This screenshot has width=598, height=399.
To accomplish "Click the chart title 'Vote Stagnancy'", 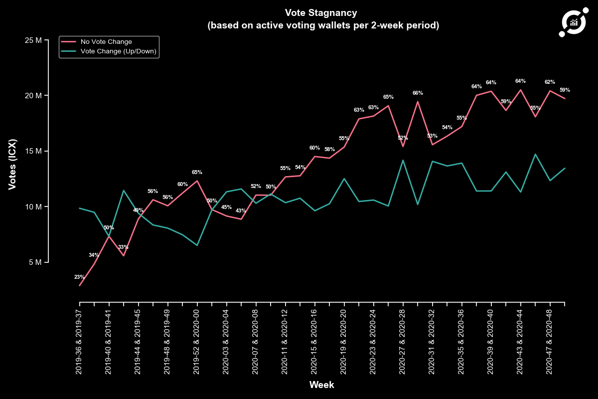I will click(320, 12).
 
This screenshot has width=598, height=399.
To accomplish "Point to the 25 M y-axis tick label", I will click(33, 40).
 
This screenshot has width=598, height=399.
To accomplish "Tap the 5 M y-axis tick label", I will click(35, 262).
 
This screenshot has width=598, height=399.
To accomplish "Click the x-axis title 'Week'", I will click(321, 385).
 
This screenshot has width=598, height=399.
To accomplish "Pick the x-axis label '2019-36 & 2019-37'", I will click(80, 341).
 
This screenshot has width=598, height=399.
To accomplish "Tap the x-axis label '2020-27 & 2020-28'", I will click(403, 341).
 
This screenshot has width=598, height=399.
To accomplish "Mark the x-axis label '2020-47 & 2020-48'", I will click(550, 341).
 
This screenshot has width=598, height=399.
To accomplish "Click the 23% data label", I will click(79, 277).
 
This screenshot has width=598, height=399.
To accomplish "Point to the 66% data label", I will click(418, 93).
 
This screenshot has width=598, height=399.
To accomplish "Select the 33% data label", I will click(123, 247).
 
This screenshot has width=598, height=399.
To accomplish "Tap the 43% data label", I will click(241, 210).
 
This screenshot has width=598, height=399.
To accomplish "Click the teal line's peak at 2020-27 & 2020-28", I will click(403, 160).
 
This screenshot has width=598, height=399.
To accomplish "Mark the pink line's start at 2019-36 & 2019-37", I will click(80, 285).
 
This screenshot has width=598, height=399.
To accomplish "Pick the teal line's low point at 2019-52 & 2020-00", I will click(197, 245).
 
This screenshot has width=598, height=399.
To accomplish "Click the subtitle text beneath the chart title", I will click(323, 25).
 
